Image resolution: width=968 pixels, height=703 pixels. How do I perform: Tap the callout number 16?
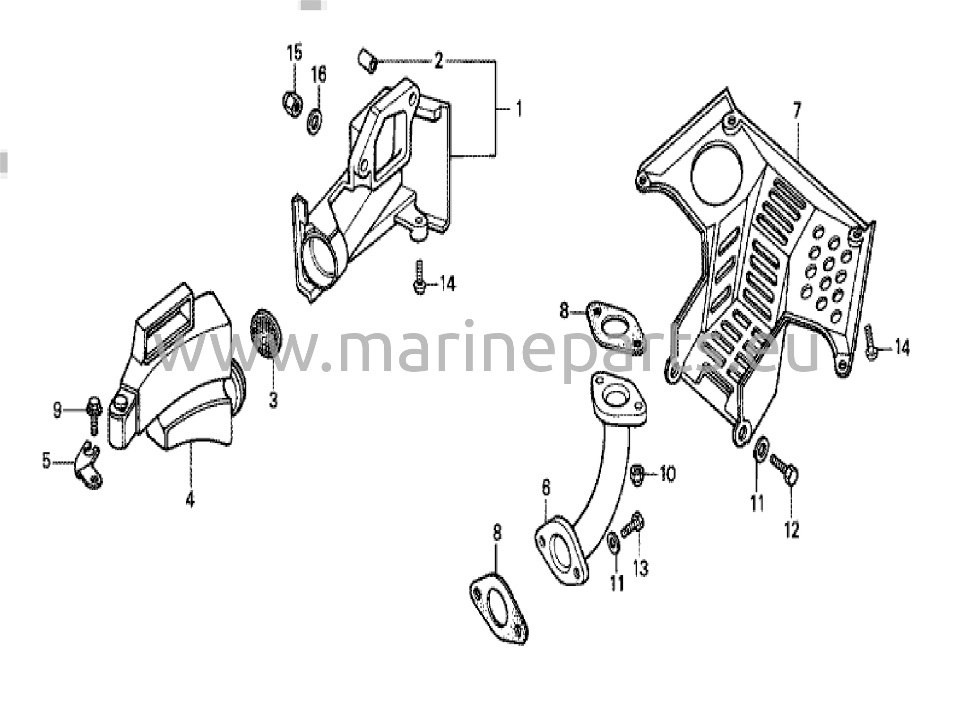coord(319,74)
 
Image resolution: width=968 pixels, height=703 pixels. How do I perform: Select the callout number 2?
coord(439,61)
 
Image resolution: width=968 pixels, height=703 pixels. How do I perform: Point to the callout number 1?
coord(519,109)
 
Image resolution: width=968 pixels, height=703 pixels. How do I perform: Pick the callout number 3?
coord(273,400)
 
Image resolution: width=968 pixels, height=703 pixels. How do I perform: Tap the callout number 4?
coord(190,500)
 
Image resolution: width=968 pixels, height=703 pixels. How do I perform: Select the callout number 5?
coord(46,460)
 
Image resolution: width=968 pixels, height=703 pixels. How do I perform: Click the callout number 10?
coord(667,474)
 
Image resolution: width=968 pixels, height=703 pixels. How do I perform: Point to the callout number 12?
coord(792,529)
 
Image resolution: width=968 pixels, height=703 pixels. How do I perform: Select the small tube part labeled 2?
coord(367,61)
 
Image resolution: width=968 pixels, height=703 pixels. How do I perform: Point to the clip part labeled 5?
coord(88,465)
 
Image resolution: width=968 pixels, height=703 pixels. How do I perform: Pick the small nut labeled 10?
coord(638,474)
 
